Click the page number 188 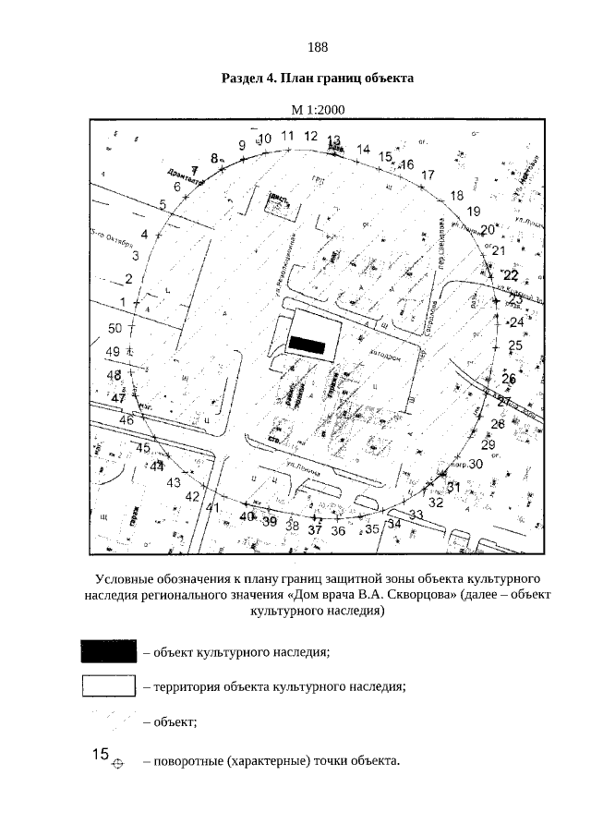click(x=318, y=47)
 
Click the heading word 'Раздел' click(x=242, y=79)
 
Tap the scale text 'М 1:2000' click(x=318, y=110)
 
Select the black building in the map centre click(x=308, y=344)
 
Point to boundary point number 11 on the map click(x=287, y=137)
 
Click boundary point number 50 click(x=115, y=329)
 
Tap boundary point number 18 click(x=456, y=195)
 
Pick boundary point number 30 click(x=476, y=465)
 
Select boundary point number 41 click(x=212, y=507)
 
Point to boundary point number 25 click(x=515, y=345)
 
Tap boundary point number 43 click(x=173, y=482)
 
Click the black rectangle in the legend click(x=109, y=651)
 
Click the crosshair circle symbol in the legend click(x=116, y=764)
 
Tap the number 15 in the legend click(x=101, y=754)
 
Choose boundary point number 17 click(x=428, y=175)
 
